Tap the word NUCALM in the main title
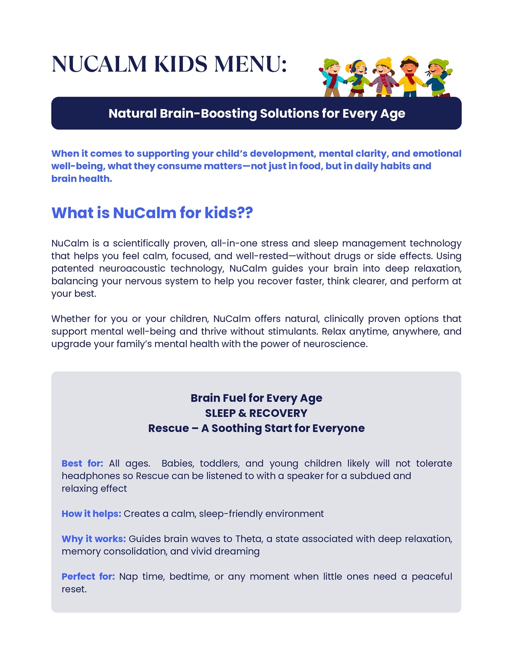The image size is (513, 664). point(99,64)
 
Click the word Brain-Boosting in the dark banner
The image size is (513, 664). point(209,113)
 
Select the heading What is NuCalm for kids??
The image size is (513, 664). point(152,213)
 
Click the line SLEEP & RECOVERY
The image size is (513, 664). point(256,413)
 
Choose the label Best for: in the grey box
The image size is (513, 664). point(83,463)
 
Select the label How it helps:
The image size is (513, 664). point(91,514)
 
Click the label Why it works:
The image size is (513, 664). point(94,539)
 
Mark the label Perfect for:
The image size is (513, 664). point(88,577)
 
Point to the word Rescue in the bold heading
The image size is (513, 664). point(168,428)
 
